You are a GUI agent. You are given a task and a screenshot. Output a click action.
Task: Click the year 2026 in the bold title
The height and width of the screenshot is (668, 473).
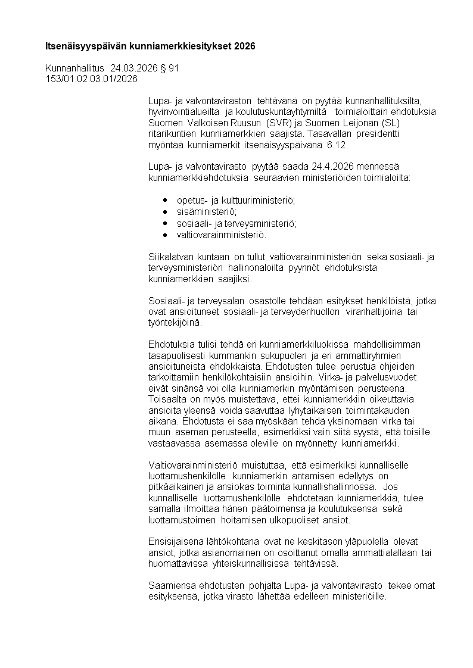[245, 46]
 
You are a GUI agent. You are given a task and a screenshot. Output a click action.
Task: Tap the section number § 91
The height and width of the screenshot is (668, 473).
[170, 68]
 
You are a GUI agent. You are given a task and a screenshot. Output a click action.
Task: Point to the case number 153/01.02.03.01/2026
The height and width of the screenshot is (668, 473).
[91, 79]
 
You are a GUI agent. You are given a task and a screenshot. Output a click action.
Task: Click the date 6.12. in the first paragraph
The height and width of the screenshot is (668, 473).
[335, 145]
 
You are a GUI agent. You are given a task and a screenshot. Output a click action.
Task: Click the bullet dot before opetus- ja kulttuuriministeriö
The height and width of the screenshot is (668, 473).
[165, 201]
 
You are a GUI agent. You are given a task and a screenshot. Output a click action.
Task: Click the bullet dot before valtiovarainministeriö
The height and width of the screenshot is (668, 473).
[165, 235]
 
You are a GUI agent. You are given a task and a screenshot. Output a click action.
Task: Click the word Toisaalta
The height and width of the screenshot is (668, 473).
[167, 399]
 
